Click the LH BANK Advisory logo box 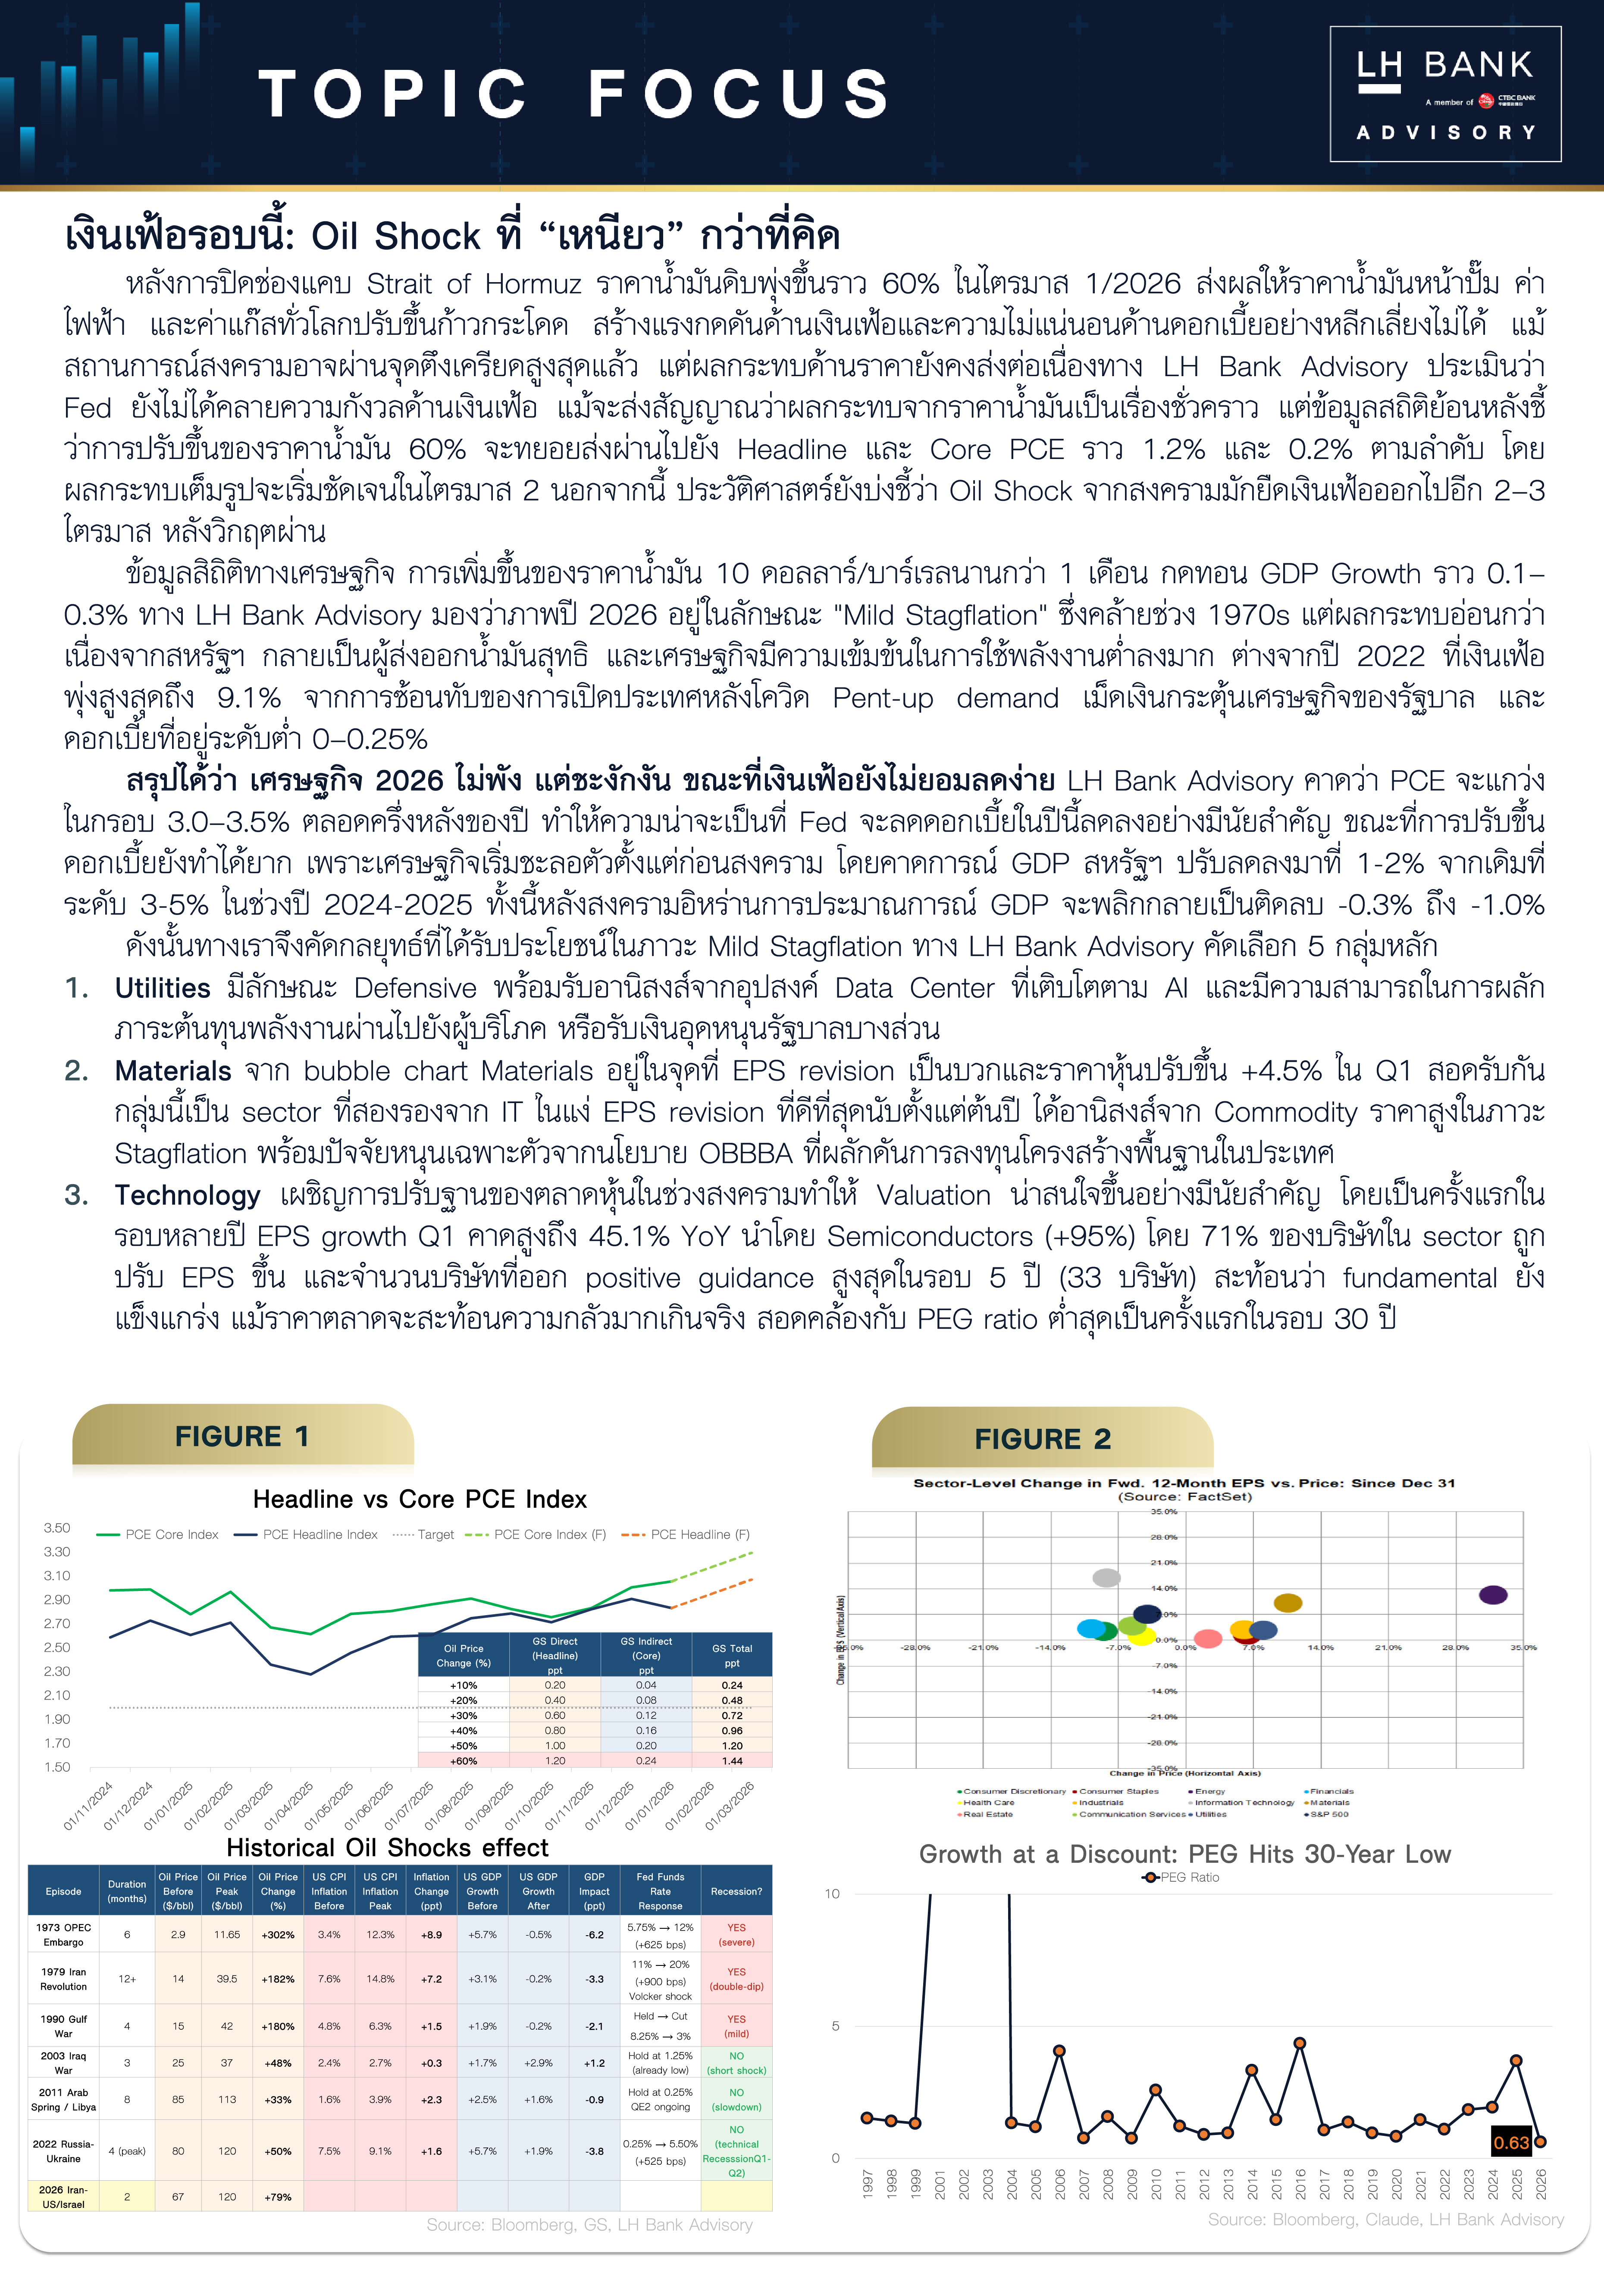(1445, 94)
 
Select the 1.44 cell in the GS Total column (731, 1761)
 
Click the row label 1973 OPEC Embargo (63, 1935)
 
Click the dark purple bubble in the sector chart (1492, 1595)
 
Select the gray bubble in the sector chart (1106, 1578)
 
